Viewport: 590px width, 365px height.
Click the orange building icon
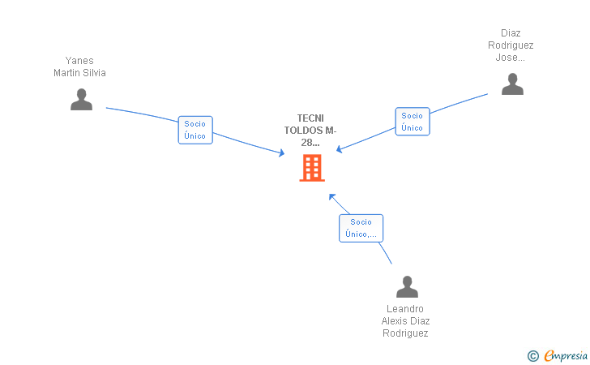click(312, 168)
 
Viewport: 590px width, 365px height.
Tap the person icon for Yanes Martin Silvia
click(81, 100)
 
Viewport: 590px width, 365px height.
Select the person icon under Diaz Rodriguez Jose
click(512, 84)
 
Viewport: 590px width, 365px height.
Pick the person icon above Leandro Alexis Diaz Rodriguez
click(407, 286)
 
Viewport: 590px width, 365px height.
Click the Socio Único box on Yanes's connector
click(195, 130)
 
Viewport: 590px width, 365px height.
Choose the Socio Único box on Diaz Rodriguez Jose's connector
click(413, 122)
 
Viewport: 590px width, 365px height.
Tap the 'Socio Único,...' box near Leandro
click(361, 228)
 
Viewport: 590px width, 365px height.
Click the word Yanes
click(79, 61)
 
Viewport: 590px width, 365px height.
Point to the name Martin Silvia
click(79, 73)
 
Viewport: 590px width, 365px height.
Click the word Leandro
click(405, 309)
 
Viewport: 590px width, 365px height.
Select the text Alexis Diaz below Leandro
click(405, 321)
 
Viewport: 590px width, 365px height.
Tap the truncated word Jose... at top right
click(511, 58)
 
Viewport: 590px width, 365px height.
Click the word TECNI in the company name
click(310, 118)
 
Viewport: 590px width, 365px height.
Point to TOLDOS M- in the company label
click(310, 131)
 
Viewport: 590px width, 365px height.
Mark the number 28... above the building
click(310, 143)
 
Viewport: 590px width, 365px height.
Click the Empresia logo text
click(566, 355)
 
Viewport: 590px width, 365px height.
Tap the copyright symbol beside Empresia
click(533, 356)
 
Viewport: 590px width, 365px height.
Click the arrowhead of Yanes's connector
click(281, 152)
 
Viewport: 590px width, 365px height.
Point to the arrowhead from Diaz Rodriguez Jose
click(340, 149)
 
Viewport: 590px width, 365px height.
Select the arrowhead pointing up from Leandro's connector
click(332, 196)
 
